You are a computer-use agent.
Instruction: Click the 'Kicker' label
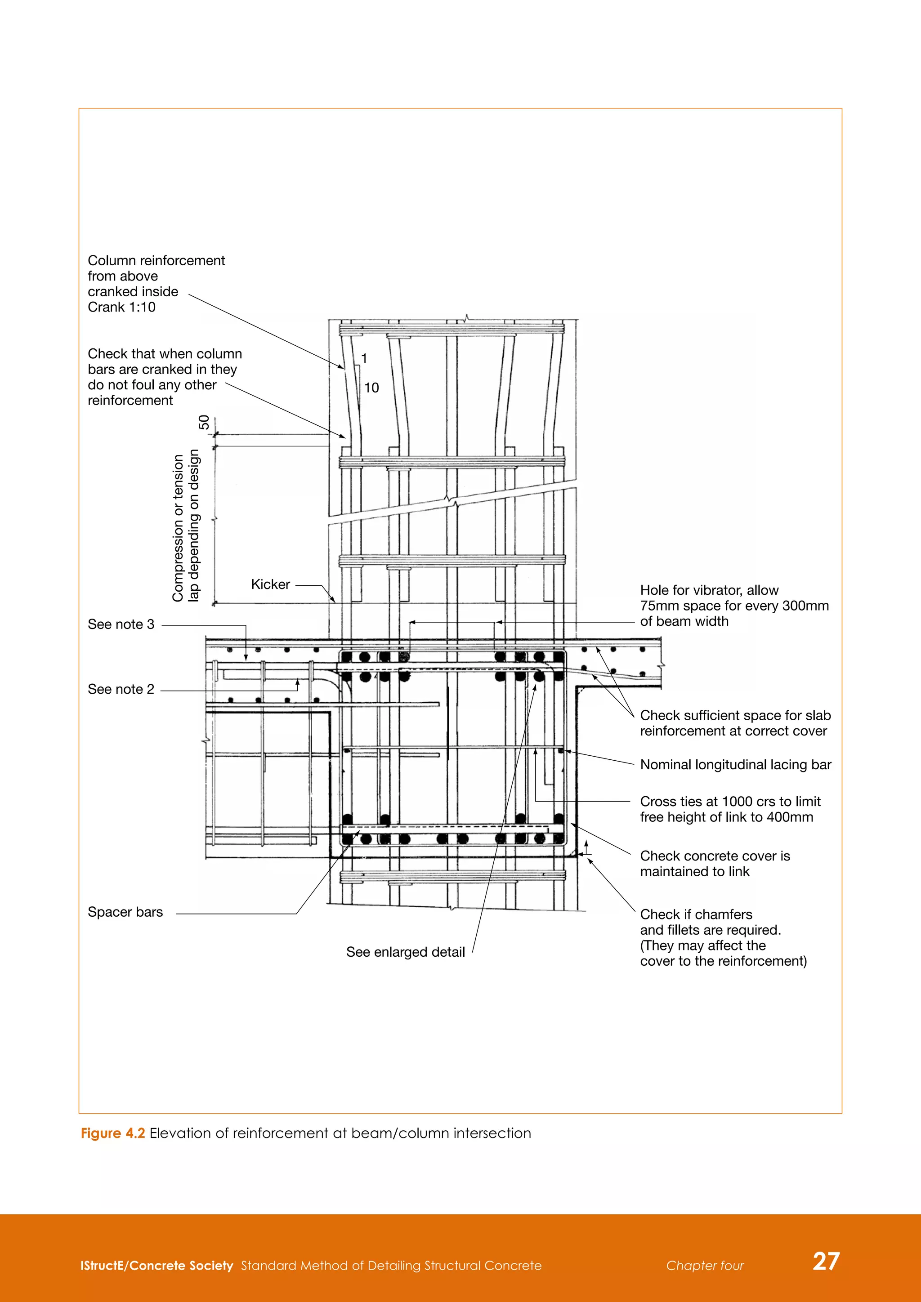coord(271,584)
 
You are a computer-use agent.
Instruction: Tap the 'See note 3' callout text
coord(121,624)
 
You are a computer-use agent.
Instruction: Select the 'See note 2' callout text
coord(121,689)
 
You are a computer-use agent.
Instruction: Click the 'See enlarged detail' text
coord(406,952)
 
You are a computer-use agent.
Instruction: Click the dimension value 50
coord(204,423)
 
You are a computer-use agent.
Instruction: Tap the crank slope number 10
coord(371,388)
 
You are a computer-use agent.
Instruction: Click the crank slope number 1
coord(364,358)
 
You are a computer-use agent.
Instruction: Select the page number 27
coord(826,1261)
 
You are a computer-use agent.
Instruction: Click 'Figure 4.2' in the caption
coord(113,1133)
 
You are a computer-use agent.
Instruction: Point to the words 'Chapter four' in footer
coord(705,1265)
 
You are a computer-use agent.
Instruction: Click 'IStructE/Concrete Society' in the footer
coord(156,1265)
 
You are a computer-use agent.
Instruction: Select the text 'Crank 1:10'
coord(121,308)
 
